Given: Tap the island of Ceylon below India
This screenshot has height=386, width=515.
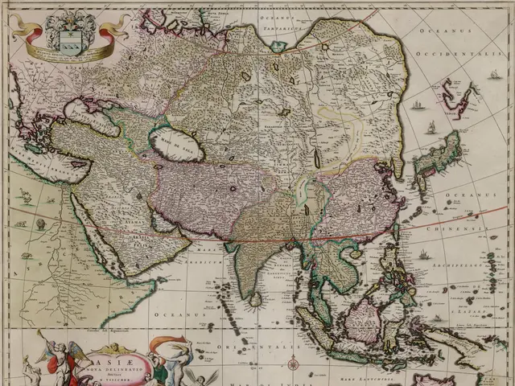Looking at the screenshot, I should point(255,299).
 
